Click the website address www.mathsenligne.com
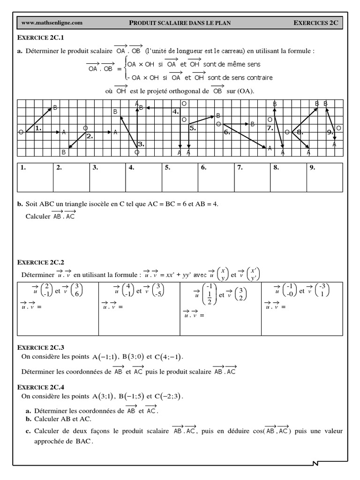pos(52,22)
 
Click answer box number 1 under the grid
pos(35,177)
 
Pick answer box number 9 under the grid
pos(325,177)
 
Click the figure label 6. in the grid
pos(227,133)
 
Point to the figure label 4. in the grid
pos(175,112)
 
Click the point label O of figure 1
pos(20,133)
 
